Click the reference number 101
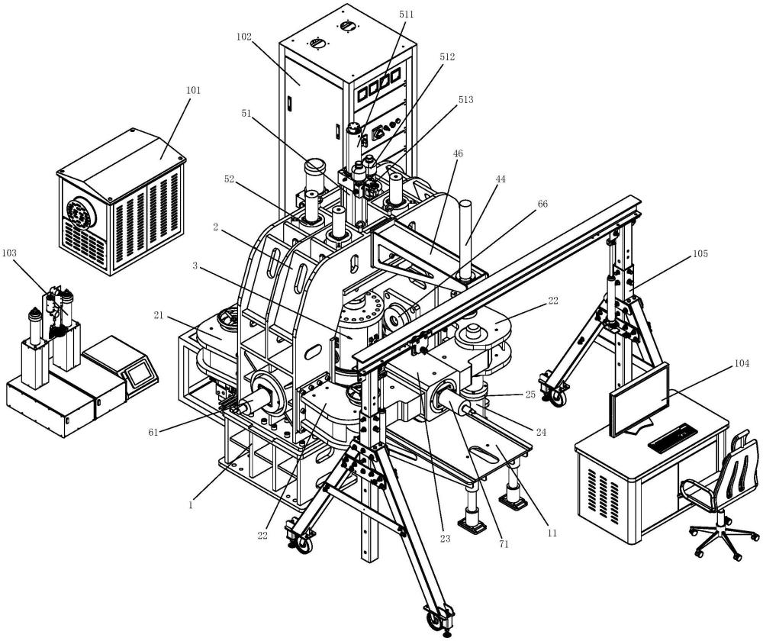pos(192,91)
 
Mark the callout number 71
pos(504,544)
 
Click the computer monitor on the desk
pos(639,399)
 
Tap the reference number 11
pos(550,531)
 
